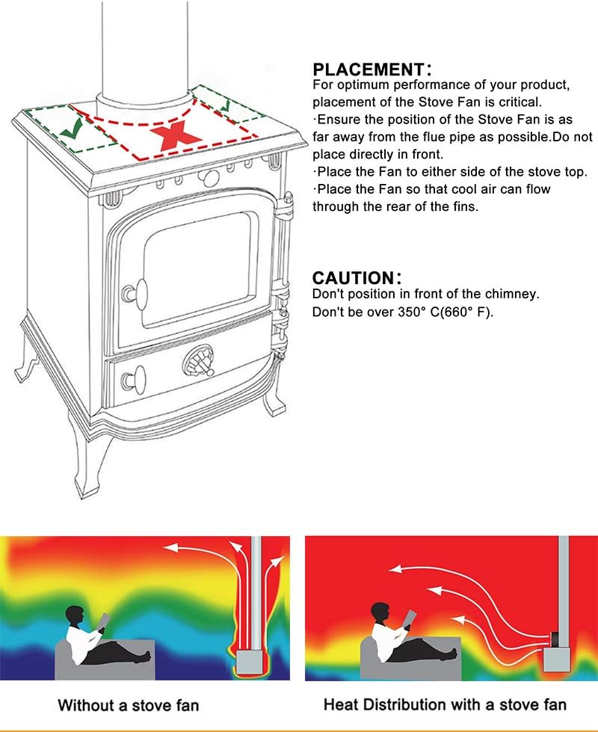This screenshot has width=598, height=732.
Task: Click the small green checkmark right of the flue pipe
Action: click(x=225, y=105)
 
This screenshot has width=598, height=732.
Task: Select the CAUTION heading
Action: click(x=357, y=278)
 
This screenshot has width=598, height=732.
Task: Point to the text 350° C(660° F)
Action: click(x=446, y=312)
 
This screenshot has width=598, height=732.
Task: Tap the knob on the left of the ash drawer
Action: click(x=134, y=380)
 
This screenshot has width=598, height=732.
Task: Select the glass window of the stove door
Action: click(x=201, y=271)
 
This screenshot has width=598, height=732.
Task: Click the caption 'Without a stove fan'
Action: click(x=129, y=705)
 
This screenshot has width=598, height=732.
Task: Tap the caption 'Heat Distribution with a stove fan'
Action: click(x=445, y=704)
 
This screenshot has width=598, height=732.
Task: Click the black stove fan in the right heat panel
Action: click(x=556, y=639)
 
